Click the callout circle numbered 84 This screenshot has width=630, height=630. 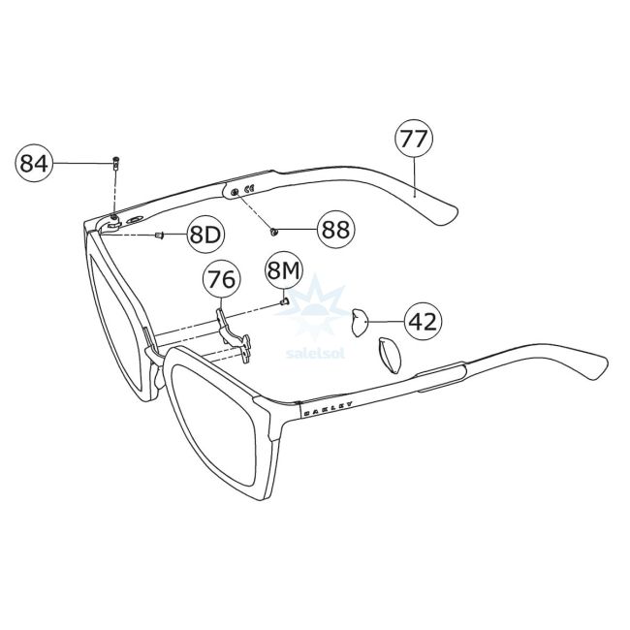click(x=34, y=164)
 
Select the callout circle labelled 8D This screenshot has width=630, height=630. click(x=205, y=234)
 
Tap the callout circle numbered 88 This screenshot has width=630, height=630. click(x=335, y=230)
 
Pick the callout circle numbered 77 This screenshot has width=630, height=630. click(x=413, y=139)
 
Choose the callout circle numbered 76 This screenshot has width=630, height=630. click(x=221, y=280)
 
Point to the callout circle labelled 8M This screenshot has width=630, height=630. click(x=284, y=268)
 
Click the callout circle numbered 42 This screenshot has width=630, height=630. click(x=422, y=320)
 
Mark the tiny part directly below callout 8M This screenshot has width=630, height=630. click(x=283, y=299)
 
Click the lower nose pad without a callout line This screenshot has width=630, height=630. click(x=388, y=355)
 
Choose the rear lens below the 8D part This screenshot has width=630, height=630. click(x=116, y=320)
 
